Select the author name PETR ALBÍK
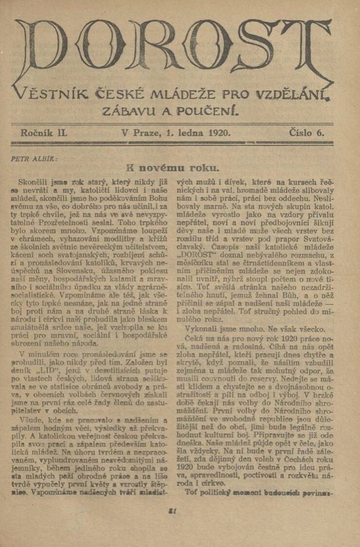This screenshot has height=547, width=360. (x=34, y=159)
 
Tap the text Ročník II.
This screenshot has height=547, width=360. (x=44, y=132)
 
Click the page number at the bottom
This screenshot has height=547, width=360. (x=171, y=511)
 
